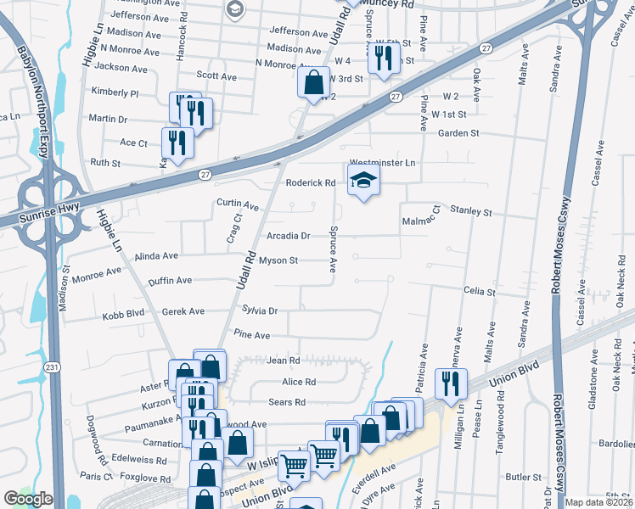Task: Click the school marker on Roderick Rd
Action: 362,181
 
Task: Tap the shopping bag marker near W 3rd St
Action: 313,83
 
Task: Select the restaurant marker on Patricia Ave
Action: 451,383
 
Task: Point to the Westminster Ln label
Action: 385,162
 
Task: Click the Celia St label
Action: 479,291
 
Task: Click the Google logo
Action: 28,499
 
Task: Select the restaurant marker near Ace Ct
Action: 177,143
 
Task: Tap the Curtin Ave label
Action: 237,205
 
